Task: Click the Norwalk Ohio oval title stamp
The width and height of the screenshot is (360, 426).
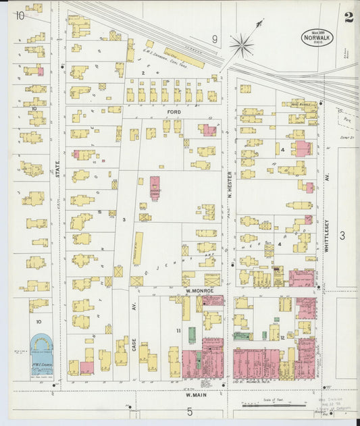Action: [317, 38]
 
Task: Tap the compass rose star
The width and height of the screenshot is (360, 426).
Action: [241, 45]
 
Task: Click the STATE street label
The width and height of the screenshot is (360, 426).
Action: [58, 165]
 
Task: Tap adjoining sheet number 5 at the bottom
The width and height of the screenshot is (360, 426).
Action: [190, 411]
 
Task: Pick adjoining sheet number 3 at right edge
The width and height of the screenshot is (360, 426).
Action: [342, 235]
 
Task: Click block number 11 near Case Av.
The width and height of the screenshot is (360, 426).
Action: [178, 330]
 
